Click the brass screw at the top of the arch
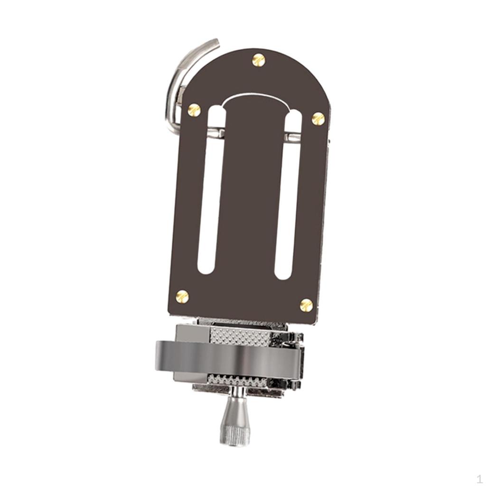(x=258, y=60)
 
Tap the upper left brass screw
(x=194, y=110)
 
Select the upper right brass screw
(x=318, y=118)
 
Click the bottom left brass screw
(x=182, y=297)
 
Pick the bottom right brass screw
(x=307, y=305)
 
